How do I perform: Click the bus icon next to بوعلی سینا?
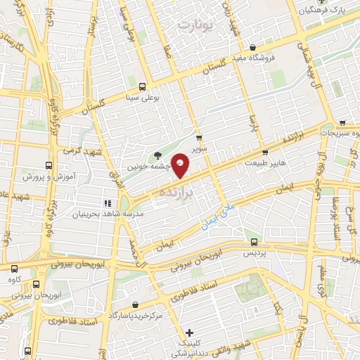pos(143,87)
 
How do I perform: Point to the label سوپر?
pos(201,148)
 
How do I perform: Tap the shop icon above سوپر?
pos(199,137)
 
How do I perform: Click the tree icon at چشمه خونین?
pos(156,155)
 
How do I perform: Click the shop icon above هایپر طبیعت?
pos(264,151)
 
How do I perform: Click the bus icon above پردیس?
pos(254,240)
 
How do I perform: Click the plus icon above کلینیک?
pos(188,332)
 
